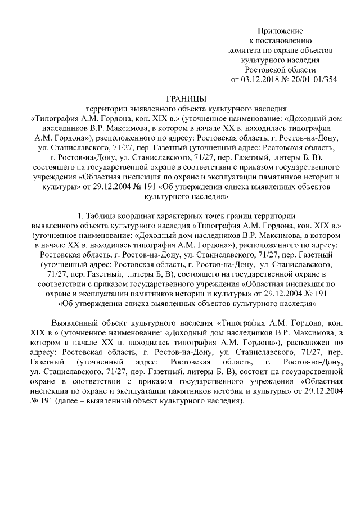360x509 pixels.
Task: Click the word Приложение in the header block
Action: point(281,30)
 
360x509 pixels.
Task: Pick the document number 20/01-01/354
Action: point(312,79)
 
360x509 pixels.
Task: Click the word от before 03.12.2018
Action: point(236,79)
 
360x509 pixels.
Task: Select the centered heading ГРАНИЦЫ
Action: point(186,99)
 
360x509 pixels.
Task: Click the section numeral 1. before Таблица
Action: point(79,217)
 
